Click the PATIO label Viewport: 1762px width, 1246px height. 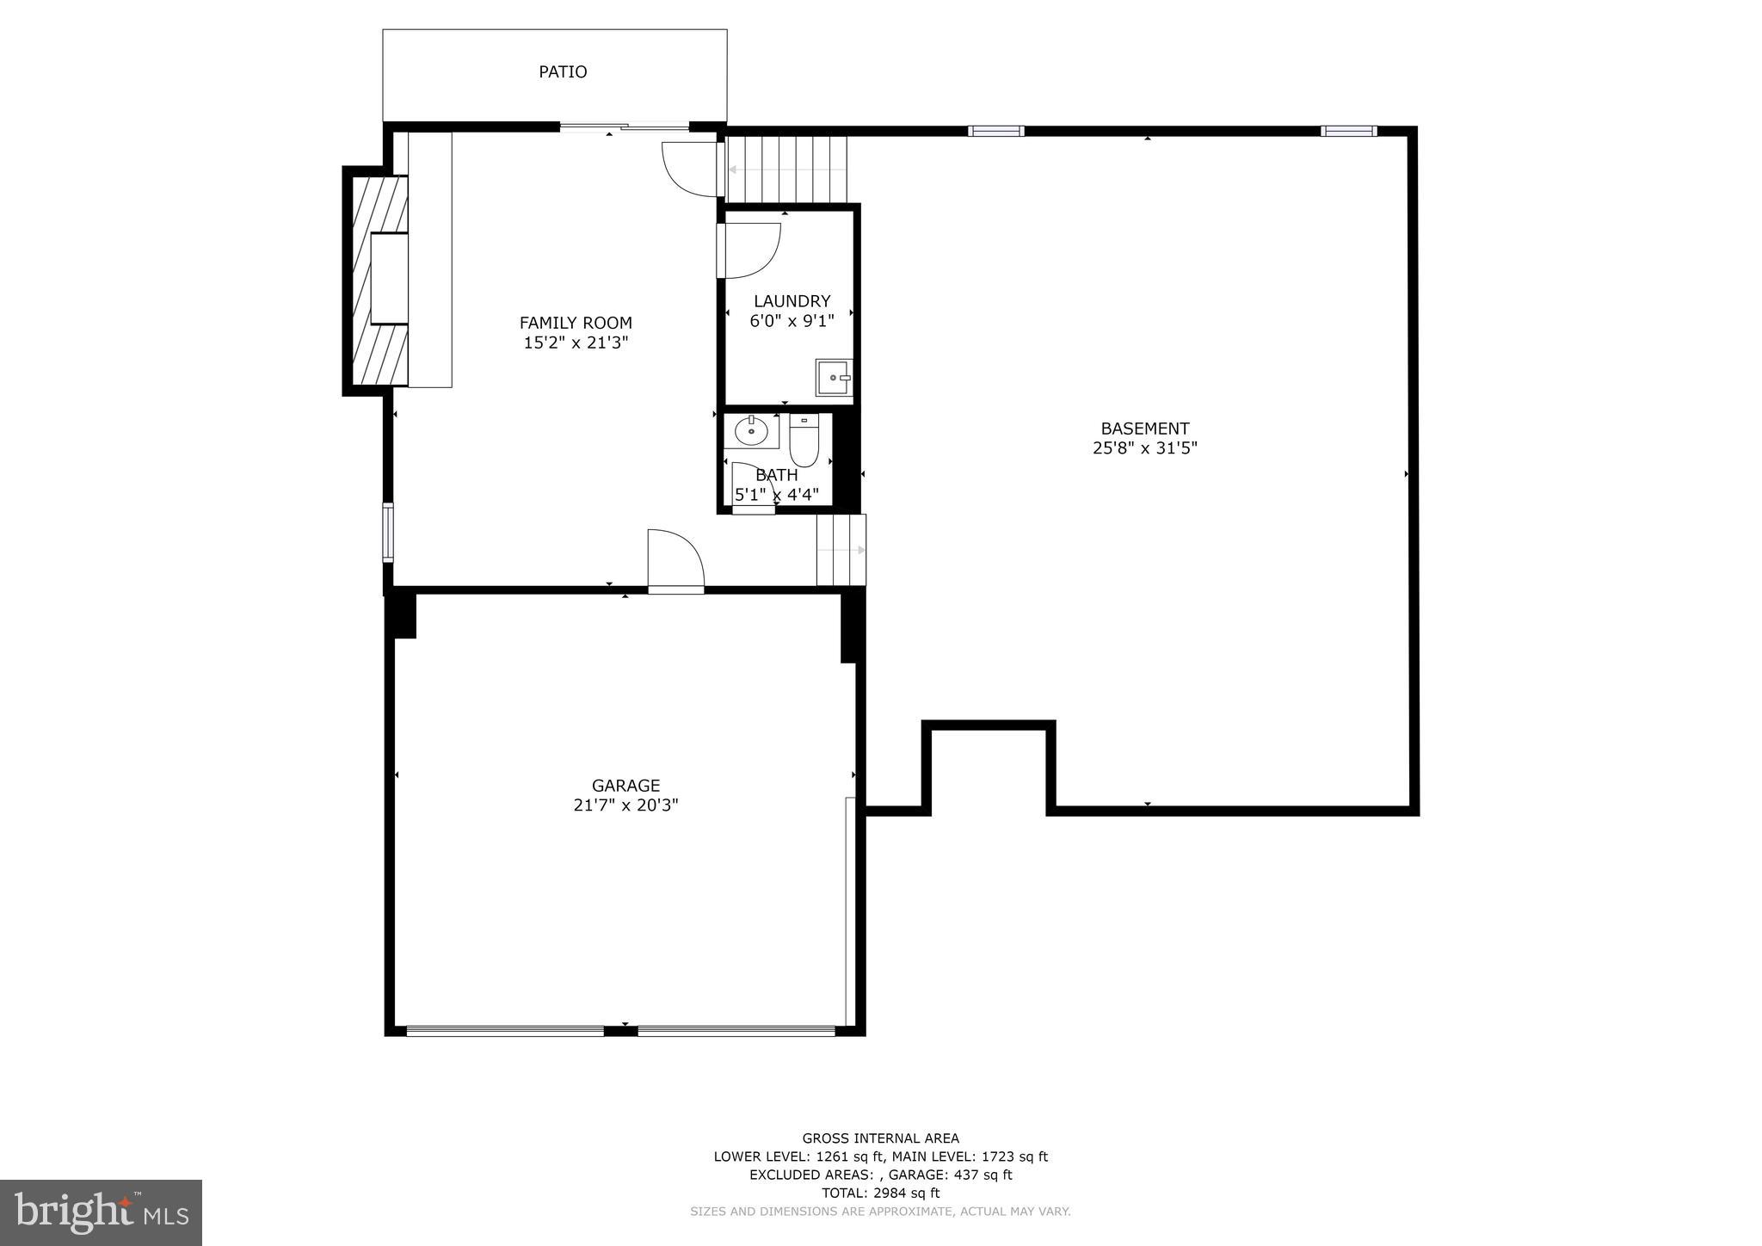coord(563,72)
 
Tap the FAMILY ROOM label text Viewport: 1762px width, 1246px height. coord(576,323)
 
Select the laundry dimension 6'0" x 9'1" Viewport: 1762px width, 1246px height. coord(792,321)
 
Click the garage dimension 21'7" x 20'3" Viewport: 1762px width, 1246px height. coord(625,805)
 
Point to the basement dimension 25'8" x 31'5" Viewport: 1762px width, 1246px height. coord(1144,448)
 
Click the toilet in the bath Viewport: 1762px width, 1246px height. coord(804,441)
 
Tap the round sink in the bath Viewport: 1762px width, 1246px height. coord(751,430)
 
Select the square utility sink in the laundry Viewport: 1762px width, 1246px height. coord(833,378)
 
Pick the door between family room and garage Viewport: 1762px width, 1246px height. coord(675,561)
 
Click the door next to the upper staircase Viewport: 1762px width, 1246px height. coord(690,169)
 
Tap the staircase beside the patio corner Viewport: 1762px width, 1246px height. coord(787,170)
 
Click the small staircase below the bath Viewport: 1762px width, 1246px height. coord(841,550)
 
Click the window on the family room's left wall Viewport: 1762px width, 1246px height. coord(388,533)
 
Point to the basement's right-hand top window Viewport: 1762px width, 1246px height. coord(1348,132)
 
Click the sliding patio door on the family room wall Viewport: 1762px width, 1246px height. coord(624,128)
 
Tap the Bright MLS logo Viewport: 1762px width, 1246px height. coord(101,1212)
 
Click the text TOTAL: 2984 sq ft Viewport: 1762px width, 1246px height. coord(880,1193)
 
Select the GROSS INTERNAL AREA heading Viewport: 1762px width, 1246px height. coord(880,1138)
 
